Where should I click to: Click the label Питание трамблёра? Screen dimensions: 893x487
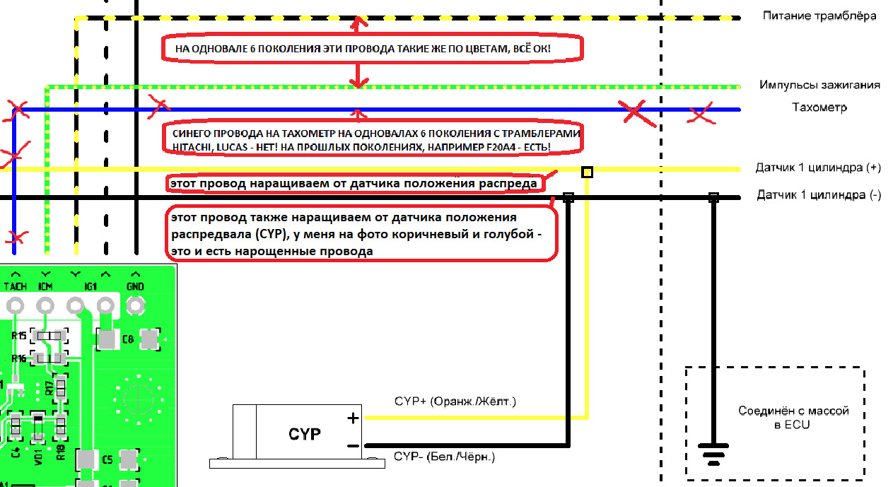pyautogui.click(x=819, y=16)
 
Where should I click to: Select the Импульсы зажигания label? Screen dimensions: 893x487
pyautogui.click(x=819, y=85)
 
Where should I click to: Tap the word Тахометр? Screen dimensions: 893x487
pyautogui.click(x=819, y=107)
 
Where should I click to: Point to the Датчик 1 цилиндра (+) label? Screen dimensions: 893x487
pyautogui.click(x=818, y=168)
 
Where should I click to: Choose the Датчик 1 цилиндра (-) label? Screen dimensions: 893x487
pyautogui.click(x=819, y=195)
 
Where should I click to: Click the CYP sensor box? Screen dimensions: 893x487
pyautogui.click(x=304, y=433)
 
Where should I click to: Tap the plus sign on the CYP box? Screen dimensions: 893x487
pyautogui.click(x=353, y=418)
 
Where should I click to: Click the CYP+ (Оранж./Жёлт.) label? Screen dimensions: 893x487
pyautogui.click(x=455, y=401)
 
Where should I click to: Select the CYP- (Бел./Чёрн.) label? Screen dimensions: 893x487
pyautogui.click(x=445, y=458)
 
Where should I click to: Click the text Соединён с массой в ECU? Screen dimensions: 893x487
pyautogui.click(x=774, y=417)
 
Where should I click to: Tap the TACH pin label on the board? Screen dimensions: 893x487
pyautogui.click(x=15, y=286)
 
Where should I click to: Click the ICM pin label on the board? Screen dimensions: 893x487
pyautogui.click(x=45, y=286)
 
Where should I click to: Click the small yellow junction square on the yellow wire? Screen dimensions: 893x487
pyautogui.click(x=587, y=171)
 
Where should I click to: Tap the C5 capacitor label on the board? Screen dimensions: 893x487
pyautogui.click(x=107, y=460)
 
